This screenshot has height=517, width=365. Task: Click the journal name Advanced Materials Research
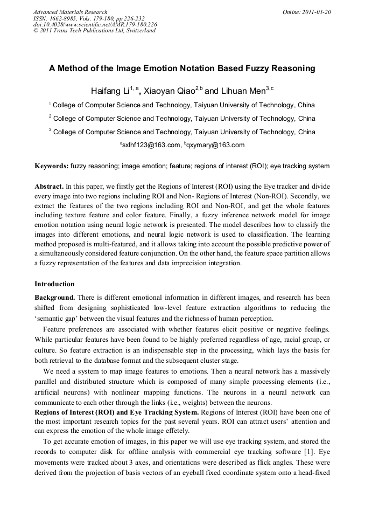click(x=70, y=12)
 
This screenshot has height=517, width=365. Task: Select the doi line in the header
click(x=95, y=24)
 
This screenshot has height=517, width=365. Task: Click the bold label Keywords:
click(x=52, y=166)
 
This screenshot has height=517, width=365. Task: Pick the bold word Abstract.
click(x=48, y=185)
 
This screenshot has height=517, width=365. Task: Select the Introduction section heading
click(x=54, y=284)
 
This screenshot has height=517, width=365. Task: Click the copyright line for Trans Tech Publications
click(x=95, y=31)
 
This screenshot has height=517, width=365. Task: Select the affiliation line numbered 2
click(x=182, y=119)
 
